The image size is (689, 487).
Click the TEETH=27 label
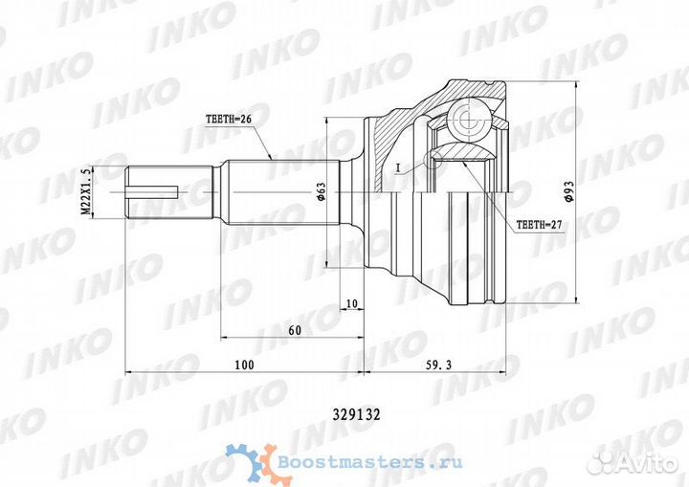(541, 228)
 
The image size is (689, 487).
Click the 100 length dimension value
(243, 365)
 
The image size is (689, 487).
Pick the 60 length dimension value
(294, 330)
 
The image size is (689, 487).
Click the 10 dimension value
(352, 303)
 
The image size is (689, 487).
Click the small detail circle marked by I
(433, 158)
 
